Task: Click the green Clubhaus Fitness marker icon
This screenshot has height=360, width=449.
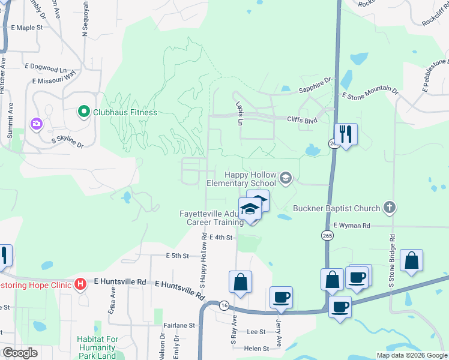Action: point(83,112)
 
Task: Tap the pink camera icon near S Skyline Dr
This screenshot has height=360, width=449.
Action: point(37,124)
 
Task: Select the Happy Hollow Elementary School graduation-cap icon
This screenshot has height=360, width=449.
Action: point(285,176)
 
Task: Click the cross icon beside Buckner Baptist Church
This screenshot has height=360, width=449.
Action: point(390,208)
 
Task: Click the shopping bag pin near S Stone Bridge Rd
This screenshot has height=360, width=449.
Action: point(411,260)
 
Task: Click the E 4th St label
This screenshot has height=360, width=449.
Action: point(221,238)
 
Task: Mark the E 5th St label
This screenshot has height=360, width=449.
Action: point(177,256)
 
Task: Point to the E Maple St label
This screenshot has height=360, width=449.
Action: point(28,28)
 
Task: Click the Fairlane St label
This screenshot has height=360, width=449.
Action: point(180,325)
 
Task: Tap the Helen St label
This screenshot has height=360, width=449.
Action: point(256,349)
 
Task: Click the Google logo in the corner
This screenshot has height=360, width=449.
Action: point(20,353)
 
